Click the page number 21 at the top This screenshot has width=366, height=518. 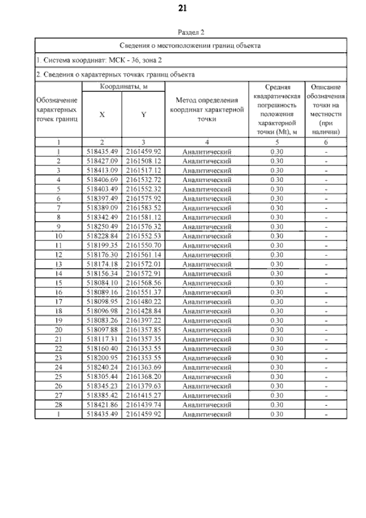coord(183,8)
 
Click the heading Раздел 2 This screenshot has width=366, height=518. coord(191,33)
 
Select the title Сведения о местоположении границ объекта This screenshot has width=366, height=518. coord(191,45)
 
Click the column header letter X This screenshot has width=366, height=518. coord(102,114)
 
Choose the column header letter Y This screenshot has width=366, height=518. coord(144,114)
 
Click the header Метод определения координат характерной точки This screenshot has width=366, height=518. coord(206,110)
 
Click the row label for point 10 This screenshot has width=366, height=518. coord(58,236)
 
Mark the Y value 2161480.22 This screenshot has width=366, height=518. coord(144,302)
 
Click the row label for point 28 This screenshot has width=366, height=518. coord(58,405)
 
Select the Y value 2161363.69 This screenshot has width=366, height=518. coord(144,367)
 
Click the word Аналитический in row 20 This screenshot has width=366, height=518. coord(206,330)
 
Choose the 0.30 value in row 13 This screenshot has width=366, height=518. coord(277,264)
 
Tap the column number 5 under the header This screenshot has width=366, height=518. coord(277,142)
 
